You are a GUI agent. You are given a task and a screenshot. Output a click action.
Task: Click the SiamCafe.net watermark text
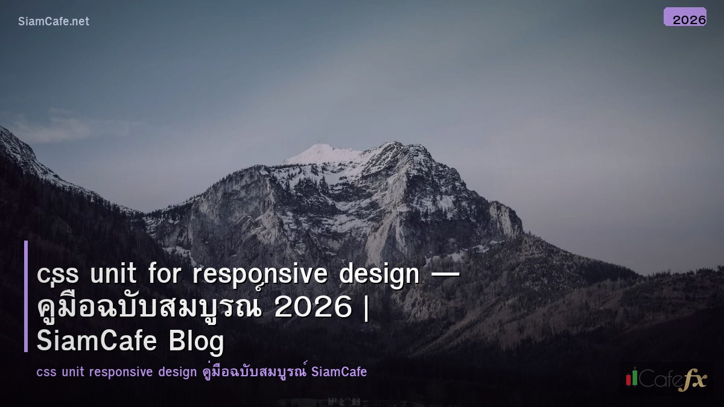point(54,21)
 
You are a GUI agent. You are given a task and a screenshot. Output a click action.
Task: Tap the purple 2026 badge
point(685,17)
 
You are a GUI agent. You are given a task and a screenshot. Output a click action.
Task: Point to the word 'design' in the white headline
point(379,275)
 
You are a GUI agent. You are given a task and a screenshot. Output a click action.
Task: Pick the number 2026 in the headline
point(313,308)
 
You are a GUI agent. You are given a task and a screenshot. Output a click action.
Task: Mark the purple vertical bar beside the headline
point(26,296)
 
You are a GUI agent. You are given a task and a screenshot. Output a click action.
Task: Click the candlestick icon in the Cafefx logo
point(632,377)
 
